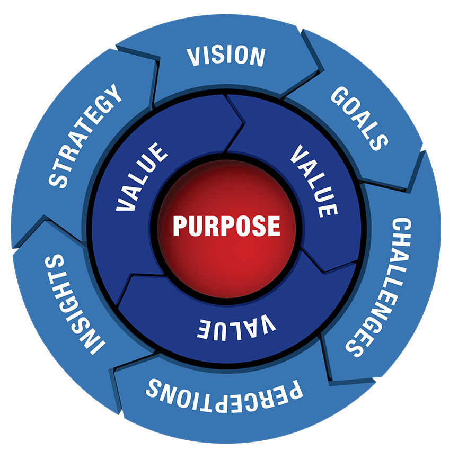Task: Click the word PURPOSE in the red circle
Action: pyautogui.click(x=226, y=226)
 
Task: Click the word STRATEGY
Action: pyautogui.click(x=85, y=137)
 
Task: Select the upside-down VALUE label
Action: pyautogui.click(x=236, y=325)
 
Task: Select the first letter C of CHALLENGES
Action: pyautogui.click(x=402, y=227)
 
